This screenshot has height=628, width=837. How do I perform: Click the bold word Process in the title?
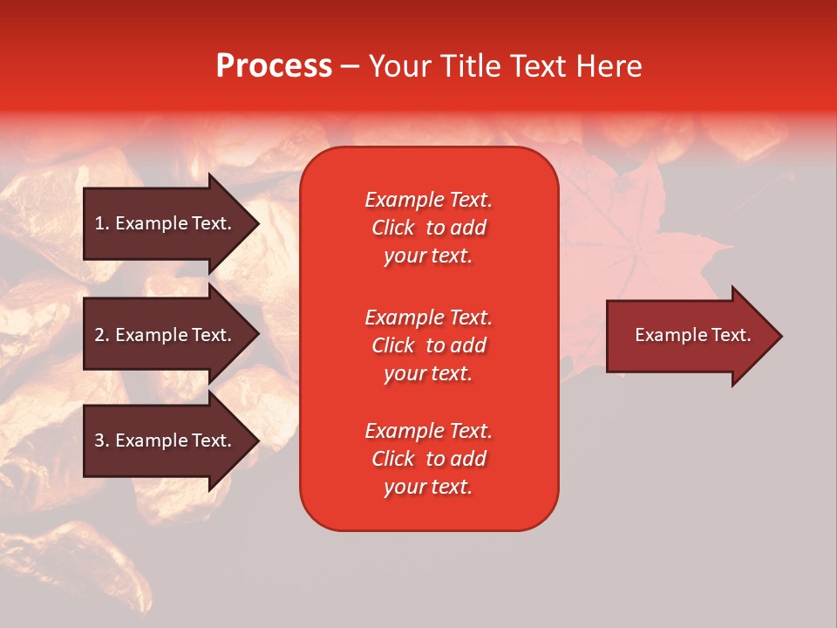pyautogui.click(x=274, y=66)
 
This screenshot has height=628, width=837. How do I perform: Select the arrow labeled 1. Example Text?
pyautogui.click(x=163, y=223)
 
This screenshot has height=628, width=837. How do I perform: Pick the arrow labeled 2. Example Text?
pyautogui.click(x=163, y=335)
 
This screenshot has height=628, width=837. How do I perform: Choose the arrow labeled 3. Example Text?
pyautogui.click(x=163, y=440)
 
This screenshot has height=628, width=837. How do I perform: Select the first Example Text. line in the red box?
pyautogui.click(x=428, y=200)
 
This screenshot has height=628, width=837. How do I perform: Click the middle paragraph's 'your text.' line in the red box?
pyautogui.click(x=428, y=373)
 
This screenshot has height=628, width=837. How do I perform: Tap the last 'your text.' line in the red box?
pyautogui.click(x=428, y=487)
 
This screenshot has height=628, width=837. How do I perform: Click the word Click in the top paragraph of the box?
pyautogui.click(x=393, y=228)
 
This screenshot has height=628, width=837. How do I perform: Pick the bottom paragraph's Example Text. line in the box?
pyautogui.click(x=428, y=431)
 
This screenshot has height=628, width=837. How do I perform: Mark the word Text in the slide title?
pyautogui.click(x=537, y=66)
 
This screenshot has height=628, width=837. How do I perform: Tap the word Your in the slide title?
pyautogui.click(x=399, y=66)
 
